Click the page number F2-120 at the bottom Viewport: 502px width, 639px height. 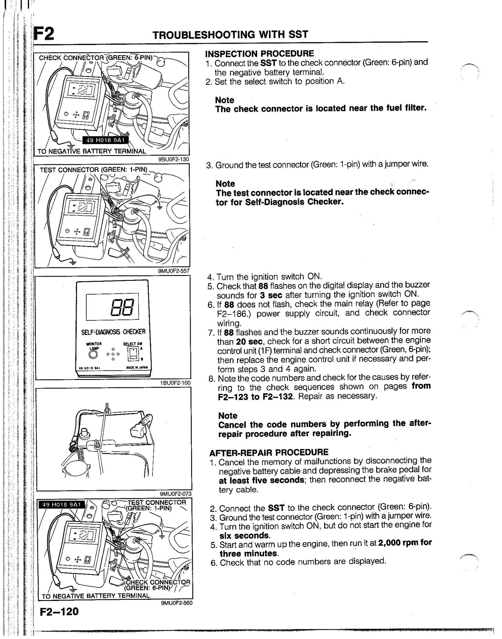pyautogui.click(x=59, y=611)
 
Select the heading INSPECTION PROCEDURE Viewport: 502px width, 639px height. pyautogui.click(x=259, y=53)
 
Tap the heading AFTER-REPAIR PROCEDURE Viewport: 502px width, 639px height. pyautogui.click(x=269, y=452)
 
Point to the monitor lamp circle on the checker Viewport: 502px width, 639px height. pyautogui.click(x=93, y=354)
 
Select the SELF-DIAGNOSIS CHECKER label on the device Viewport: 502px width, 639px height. pyautogui.click(x=113, y=332)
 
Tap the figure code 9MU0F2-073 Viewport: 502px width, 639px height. pyautogui.click(x=175, y=494)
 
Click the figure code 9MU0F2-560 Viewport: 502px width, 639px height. pyautogui.click(x=177, y=603)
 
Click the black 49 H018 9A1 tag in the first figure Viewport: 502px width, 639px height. pyautogui.click(x=105, y=140)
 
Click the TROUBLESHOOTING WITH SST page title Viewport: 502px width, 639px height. pyautogui.click(x=230, y=35)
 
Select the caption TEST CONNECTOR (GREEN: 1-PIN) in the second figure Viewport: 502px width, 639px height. pyautogui.click(x=93, y=169)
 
